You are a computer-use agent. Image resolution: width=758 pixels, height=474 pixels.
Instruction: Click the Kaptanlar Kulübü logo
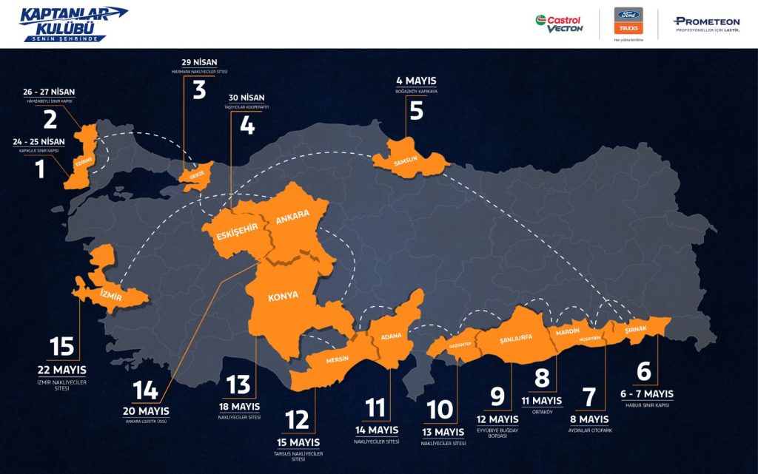click(73, 24)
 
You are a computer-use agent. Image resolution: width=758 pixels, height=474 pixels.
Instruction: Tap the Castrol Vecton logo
click(560, 24)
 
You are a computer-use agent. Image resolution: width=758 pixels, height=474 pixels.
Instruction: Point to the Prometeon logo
click(696, 24)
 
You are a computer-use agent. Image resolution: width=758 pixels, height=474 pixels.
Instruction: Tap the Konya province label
click(284, 295)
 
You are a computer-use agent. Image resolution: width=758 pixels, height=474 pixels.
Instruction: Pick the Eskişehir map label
click(236, 232)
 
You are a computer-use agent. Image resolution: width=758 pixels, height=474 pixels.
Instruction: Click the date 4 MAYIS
click(416, 81)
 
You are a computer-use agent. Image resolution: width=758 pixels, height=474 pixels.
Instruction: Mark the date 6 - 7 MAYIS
click(647, 394)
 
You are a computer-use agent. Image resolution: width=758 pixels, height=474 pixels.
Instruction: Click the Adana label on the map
click(391, 336)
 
